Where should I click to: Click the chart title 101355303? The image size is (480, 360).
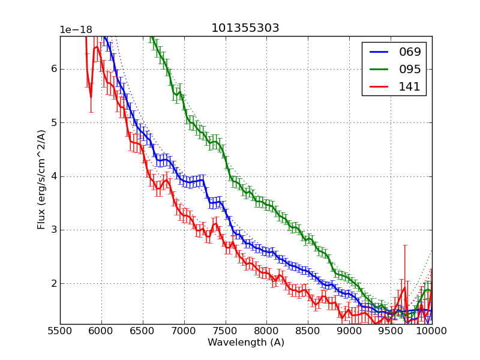point(245,28)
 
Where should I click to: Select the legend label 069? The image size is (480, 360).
point(410,52)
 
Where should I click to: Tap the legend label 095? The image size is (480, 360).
point(410,69)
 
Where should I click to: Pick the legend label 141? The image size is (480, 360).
point(410,86)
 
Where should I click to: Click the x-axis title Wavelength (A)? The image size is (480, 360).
point(246,343)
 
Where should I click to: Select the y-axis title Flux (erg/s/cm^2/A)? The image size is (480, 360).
point(41,180)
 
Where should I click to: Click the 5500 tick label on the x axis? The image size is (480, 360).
point(60,331)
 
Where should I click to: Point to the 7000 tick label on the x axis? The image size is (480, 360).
point(184,331)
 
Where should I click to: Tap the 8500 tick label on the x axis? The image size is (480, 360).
point(308,331)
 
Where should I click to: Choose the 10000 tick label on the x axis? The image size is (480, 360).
point(432,331)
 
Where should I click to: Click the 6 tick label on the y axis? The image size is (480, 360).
point(53,69)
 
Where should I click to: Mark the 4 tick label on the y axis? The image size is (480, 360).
point(53,176)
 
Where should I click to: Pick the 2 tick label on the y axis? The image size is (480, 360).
point(53,283)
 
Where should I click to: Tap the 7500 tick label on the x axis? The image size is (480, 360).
point(226,331)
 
